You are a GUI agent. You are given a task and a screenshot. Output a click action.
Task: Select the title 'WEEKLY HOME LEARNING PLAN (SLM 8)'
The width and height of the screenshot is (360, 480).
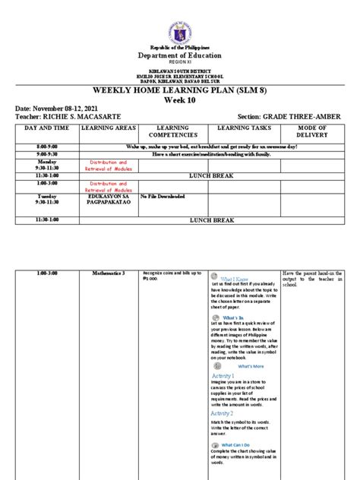181,90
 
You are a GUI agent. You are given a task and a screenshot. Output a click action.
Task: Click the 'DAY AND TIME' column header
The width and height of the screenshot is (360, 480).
36,129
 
